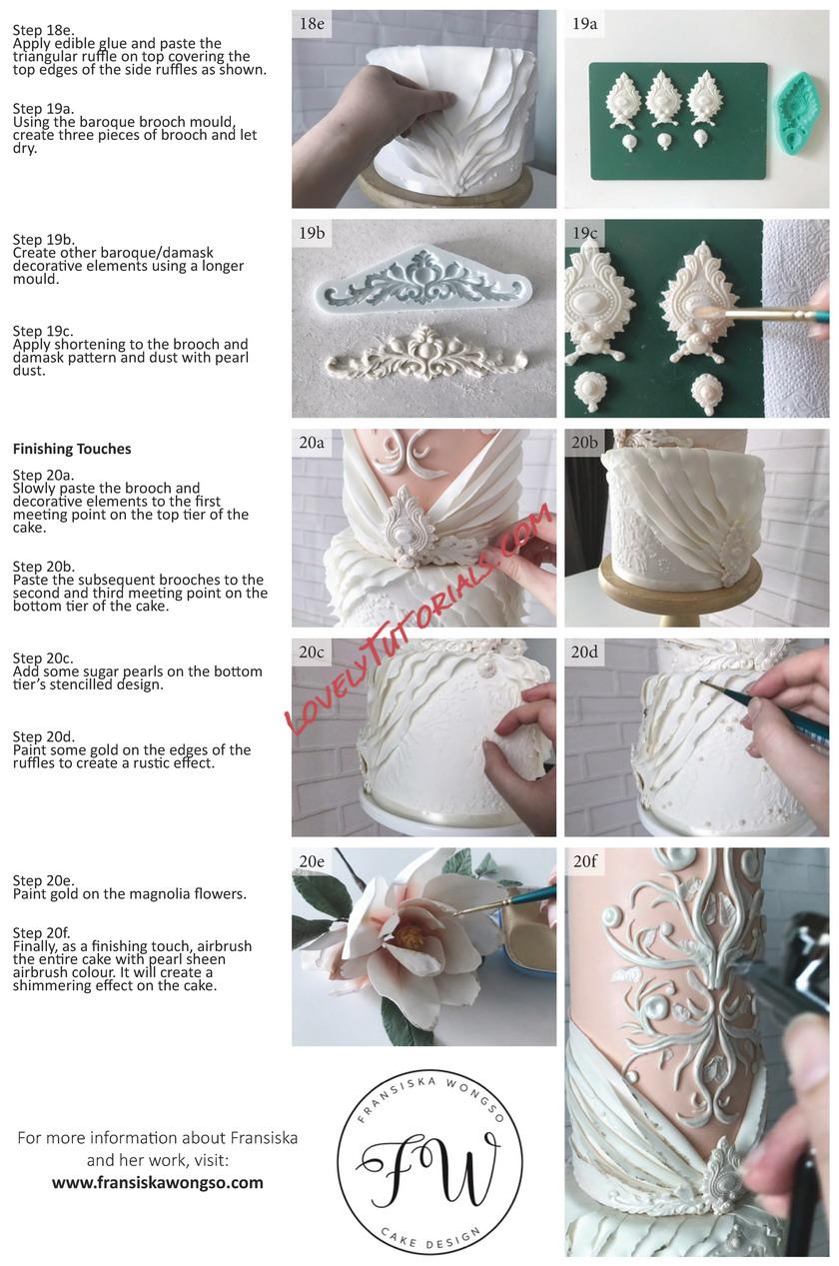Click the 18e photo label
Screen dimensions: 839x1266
click(312, 24)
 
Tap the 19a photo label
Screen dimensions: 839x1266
click(584, 24)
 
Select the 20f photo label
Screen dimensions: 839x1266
click(584, 861)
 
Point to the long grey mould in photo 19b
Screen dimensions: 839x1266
click(423, 276)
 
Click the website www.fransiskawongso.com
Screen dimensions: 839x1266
click(158, 1182)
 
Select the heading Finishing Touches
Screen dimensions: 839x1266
click(72, 449)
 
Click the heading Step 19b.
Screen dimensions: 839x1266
click(44, 239)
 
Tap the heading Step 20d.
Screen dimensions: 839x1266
click(44, 736)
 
